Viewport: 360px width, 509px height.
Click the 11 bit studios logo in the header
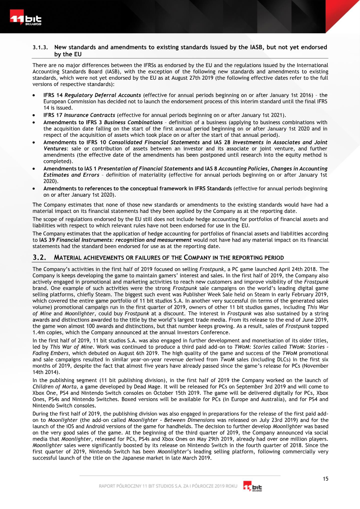pos(26,20)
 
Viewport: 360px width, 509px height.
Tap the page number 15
pos(325,478)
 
